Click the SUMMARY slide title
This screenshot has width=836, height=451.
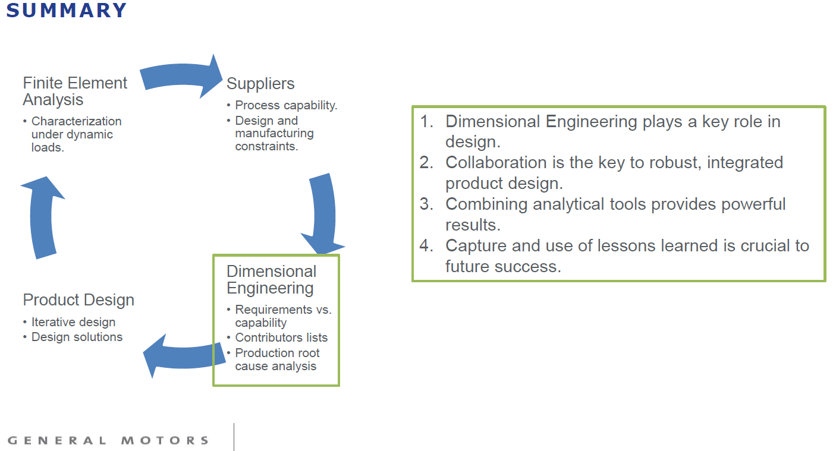[67, 10]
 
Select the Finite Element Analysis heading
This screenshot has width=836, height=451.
[75, 91]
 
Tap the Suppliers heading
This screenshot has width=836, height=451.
[260, 84]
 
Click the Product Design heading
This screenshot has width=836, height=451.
[78, 300]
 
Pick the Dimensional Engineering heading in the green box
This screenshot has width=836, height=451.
[271, 280]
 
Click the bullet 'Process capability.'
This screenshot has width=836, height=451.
[286, 105]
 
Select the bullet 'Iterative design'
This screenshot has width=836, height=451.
[73, 322]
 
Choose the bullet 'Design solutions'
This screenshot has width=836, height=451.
[77, 337]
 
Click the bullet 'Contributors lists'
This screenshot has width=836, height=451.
[281, 338]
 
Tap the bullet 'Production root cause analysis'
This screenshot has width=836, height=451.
[276, 359]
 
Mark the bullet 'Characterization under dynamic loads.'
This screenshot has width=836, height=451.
[76, 134]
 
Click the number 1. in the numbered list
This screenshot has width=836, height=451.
[426, 122]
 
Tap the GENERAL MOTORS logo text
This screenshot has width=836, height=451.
[108, 440]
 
